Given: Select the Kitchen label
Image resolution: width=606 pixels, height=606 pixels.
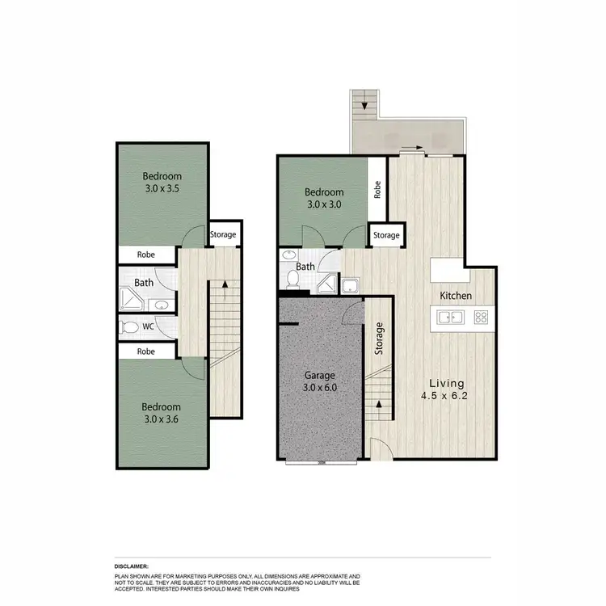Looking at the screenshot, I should tap(456, 297).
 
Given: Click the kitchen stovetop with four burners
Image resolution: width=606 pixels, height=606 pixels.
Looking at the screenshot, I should tap(482, 318).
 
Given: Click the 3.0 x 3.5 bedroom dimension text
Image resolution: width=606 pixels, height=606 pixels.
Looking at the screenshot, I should tap(162, 191).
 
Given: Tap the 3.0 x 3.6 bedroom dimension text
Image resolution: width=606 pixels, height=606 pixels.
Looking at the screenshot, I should tap(162, 421).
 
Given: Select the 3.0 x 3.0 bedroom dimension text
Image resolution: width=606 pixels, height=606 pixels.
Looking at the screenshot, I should tap(324, 205).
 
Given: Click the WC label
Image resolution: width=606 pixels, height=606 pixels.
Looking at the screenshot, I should tap(149, 327).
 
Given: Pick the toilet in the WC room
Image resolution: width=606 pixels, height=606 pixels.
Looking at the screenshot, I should tap(128, 327).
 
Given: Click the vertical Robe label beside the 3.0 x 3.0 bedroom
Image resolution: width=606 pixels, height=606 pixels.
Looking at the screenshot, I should tap(377, 189).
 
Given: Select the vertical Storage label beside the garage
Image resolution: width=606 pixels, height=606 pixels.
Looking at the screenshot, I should tap(379, 339).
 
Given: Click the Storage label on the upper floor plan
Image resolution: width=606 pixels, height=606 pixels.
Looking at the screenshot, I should tap(223, 235).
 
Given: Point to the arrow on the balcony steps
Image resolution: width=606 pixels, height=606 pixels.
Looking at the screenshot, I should tap(364, 104).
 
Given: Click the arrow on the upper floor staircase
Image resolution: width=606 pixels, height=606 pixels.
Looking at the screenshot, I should tap(224, 284).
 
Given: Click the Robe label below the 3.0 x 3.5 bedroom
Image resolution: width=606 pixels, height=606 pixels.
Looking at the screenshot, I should tap(145, 255).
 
